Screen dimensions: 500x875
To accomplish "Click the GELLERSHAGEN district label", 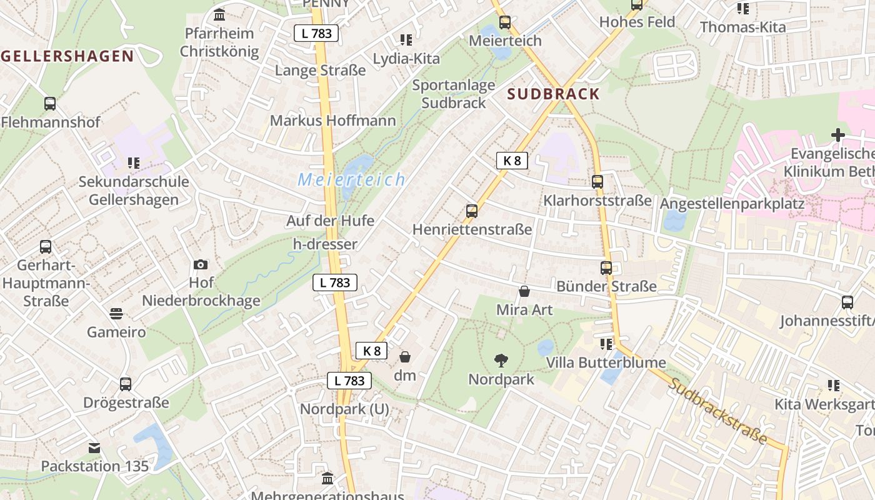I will [67, 56].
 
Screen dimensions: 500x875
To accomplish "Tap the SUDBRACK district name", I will [553, 94].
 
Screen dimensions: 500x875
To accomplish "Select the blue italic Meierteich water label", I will [352, 180].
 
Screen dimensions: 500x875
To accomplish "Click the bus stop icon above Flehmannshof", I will [50, 104].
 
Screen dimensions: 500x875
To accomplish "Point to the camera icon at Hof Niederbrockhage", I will [201, 264].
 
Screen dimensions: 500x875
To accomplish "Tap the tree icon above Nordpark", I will [501, 360].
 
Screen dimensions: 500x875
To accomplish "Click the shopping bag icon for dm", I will [405, 357].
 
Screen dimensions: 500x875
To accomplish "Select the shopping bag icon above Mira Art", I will [524, 291].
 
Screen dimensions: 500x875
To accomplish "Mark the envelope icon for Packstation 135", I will [94, 448].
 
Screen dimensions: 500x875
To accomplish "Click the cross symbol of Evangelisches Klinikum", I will [837, 135].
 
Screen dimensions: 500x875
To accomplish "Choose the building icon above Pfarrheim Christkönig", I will [219, 14].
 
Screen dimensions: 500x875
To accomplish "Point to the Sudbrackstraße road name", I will [717, 411].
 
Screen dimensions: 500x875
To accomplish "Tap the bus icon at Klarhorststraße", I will [597, 182].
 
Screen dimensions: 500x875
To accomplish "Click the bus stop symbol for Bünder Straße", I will [606, 268].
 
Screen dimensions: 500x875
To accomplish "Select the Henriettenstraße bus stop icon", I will [472, 211].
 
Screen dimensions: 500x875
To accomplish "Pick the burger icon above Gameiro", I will [116, 313].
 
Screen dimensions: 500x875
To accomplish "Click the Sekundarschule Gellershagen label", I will [133, 191].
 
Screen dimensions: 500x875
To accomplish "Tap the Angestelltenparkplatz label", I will [732, 204].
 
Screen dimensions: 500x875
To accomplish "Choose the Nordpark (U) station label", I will [344, 409].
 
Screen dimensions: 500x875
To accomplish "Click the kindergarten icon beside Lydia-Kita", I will [406, 40].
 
